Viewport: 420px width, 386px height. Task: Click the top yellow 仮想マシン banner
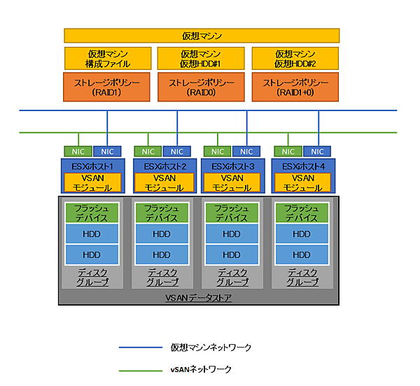coord(202,35)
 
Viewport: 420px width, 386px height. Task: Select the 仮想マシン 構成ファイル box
coord(107,58)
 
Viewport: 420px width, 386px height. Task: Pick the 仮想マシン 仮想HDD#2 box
coord(294,58)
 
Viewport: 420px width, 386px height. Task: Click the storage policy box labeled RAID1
coord(107,87)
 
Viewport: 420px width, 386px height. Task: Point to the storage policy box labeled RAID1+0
coord(294,87)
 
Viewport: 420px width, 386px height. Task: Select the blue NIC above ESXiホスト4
coord(317,151)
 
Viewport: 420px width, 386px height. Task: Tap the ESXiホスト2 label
coord(162,166)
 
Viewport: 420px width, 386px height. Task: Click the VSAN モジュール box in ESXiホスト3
coord(231,183)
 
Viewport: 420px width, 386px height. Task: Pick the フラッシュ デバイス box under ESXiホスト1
coord(92,213)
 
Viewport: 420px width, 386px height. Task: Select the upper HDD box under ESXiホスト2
coord(162,234)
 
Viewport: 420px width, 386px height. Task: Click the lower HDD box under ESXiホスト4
coord(302,255)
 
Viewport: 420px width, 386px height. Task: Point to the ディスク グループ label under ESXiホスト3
coord(231,277)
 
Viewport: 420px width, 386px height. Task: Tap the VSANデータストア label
coord(198,298)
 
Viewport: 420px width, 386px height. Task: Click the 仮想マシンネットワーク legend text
coord(210,347)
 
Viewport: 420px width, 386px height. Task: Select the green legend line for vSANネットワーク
coord(139,369)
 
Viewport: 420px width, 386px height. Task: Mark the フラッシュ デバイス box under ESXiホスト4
coord(302,213)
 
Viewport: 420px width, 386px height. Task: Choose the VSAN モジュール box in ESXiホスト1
coord(92,183)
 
